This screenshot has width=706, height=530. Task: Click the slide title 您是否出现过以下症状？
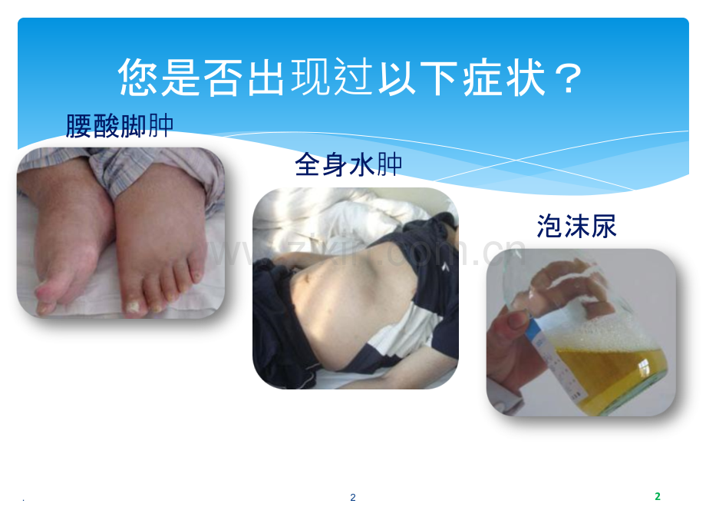(352, 78)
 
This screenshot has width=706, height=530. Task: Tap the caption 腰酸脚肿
(120, 125)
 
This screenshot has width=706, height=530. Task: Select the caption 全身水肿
(349, 164)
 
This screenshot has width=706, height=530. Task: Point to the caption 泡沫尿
(576, 227)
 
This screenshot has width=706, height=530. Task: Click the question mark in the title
(569, 78)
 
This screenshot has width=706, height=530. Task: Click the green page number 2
(657, 496)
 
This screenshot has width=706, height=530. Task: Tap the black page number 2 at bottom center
(353, 498)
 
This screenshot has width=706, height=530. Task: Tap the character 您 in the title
(140, 78)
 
